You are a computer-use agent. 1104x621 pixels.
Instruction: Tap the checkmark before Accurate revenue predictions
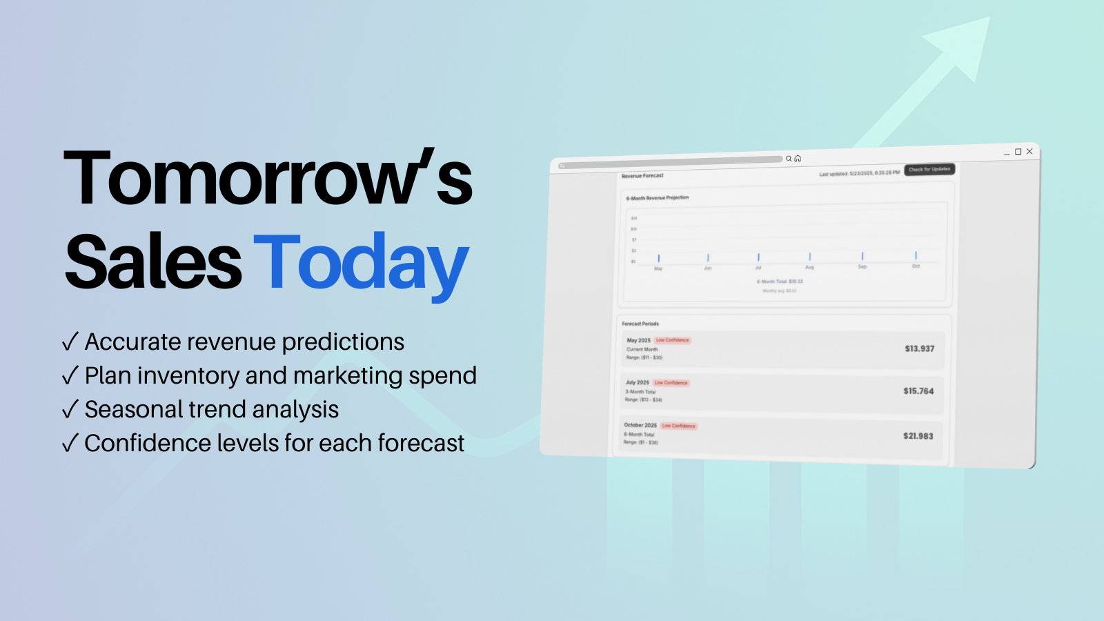(70, 342)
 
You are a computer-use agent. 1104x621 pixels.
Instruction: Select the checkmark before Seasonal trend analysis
(70, 409)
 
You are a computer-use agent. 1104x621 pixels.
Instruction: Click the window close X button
(1029, 151)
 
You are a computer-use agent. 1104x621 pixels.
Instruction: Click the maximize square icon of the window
(1018, 152)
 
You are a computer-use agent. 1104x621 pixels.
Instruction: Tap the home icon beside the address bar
(798, 159)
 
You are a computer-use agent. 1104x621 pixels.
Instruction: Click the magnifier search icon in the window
(789, 159)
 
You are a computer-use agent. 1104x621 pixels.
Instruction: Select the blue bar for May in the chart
(658, 259)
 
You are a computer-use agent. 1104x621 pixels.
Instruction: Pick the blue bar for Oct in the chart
(916, 255)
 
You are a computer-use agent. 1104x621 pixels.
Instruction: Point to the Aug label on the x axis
(809, 267)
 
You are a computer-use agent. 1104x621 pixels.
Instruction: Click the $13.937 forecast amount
(919, 348)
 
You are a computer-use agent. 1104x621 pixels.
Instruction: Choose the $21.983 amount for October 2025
(918, 436)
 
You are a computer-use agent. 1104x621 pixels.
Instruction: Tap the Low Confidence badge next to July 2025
(671, 383)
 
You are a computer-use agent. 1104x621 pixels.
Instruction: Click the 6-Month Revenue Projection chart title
(657, 198)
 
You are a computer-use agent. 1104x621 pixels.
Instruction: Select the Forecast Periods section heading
(640, 324)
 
